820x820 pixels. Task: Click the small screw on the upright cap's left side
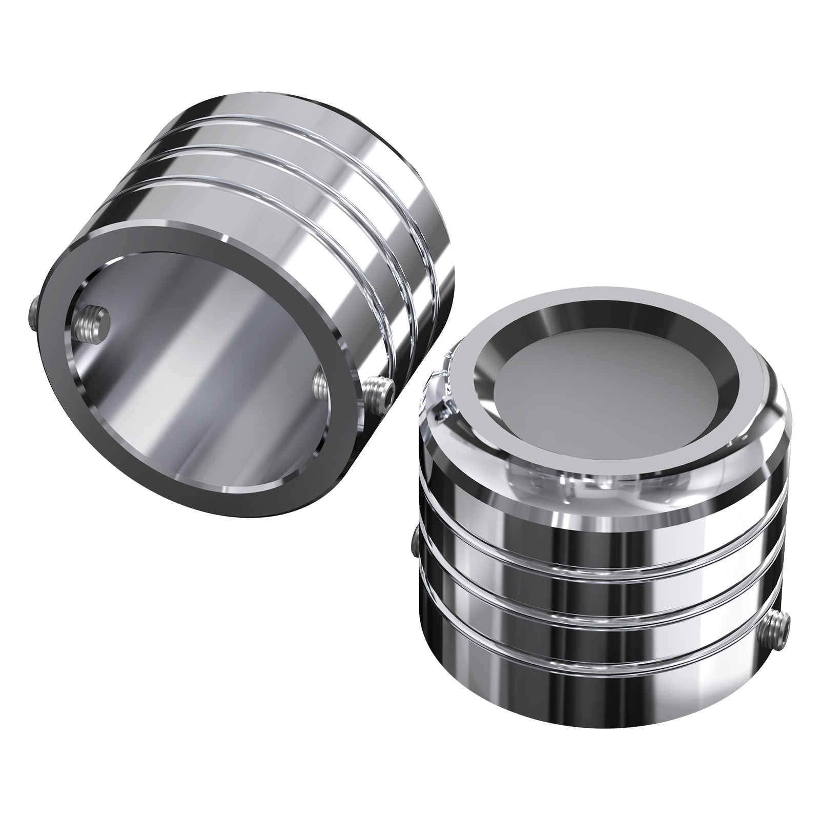(x=414, y=543)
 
